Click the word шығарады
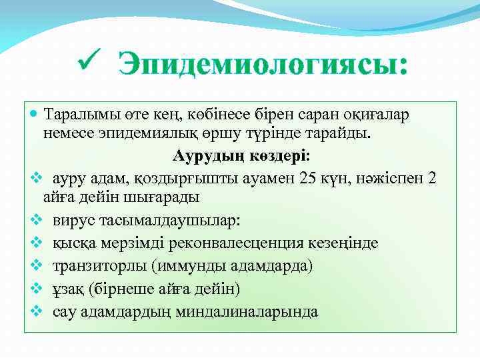point(166,198)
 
